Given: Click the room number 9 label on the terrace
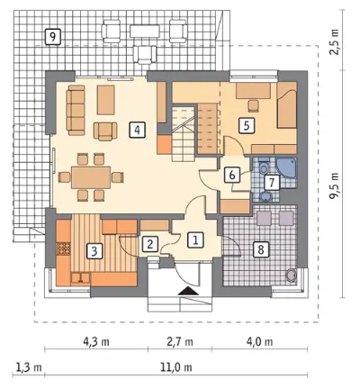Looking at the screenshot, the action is pyautogui.click(x=52, y=37).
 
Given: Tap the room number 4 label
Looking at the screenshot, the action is pyautogui.click(x=138, y=130).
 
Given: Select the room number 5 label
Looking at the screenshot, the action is pyautogui.click(x=247, y=125).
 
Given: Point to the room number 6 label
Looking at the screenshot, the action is pyautogui.click(x=232, y=175).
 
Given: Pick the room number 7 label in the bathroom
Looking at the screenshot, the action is pyautogui.click(x=272, y=182).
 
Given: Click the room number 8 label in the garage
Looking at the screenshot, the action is pyautogui.click(x=261, y=248).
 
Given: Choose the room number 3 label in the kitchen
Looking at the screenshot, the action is pyautogui.click(x=94, y=251).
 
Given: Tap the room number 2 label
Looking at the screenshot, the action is pyautogui.click(x=150, y=244).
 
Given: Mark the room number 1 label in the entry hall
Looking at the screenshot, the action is pyautogui.click(x=195, y=239).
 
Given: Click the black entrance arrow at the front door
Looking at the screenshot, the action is pyautogui.click(x=188, y=291).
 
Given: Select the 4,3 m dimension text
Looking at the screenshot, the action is pyautogui.click(x=96, y=341).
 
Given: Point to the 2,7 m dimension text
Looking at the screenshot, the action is pyautogui.click(x=180, y=341).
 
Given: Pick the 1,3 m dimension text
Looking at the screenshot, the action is pyautogui.click(x=28, y=366).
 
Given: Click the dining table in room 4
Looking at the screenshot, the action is pyautogui.click(x=91, y=177).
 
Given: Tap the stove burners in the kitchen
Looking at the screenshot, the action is pyautogui.click(x=64, y=248).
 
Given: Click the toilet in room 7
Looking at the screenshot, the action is pyautogui.click(x=264, y=167).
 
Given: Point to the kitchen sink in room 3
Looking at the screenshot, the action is pyautogui.click(x=80, y=278).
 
